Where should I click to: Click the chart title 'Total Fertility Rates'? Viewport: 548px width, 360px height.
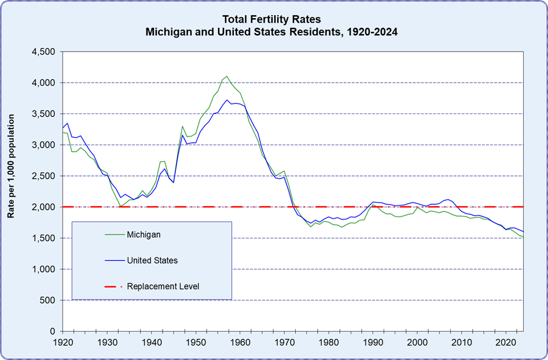coord(271,19)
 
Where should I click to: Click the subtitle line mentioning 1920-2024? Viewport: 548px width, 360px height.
coord(271,32)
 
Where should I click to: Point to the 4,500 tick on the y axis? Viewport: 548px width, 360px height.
coord(42,52)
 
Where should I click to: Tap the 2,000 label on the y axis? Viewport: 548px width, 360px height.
coord(42,207)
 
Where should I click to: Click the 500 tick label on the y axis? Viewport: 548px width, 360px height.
coord(47,300)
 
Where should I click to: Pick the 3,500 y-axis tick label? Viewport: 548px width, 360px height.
coord(42,113)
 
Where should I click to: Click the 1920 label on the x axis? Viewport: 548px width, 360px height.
coord(62,343)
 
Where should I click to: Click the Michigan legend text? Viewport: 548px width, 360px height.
coord(144,234)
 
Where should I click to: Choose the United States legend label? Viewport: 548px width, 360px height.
coord(152,260)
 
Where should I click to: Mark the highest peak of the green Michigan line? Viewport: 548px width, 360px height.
coord(227,76)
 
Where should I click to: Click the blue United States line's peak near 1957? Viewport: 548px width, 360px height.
coord(227,100)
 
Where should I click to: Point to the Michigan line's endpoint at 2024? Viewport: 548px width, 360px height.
coord(523,237)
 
